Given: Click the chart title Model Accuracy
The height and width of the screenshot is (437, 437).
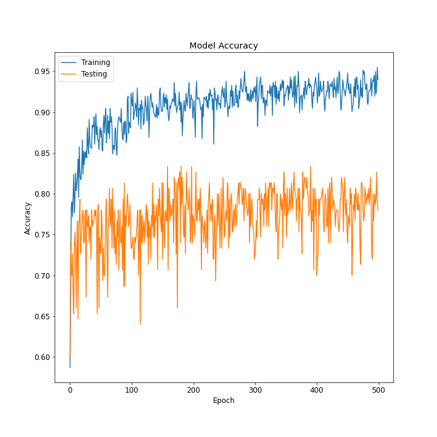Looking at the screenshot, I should click(x=223, y=46).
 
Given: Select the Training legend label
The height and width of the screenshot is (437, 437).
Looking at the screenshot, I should click(x=95, y=63).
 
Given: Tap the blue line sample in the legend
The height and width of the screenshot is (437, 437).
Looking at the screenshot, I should click(x=69, y=63).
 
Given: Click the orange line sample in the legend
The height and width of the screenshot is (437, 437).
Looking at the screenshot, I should click(x=69, y=74).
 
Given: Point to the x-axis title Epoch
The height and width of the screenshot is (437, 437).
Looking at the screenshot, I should click(x=223, y=401).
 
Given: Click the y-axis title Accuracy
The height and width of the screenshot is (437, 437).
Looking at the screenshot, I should click(x=28, y=218).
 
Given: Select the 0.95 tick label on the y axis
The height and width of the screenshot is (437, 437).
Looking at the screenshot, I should click(x=41, y=72).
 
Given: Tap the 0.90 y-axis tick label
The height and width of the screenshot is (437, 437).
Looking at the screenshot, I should click(x=41, y=112).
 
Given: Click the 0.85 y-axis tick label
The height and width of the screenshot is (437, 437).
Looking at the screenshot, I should click(x=41, y=153).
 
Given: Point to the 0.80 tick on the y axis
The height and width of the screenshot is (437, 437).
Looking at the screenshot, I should click(x=41, y=194).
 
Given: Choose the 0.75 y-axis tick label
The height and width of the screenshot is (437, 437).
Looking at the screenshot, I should click(x=41, y=235).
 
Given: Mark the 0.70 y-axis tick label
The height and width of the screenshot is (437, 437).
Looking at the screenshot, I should click(x=41, y=276).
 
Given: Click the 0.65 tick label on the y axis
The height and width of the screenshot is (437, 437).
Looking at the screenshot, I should click(x=41, y=316).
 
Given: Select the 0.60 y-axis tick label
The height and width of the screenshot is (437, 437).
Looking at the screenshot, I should click(x=41, y=357).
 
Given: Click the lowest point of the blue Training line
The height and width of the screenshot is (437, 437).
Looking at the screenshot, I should click(x=70, y=367).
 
